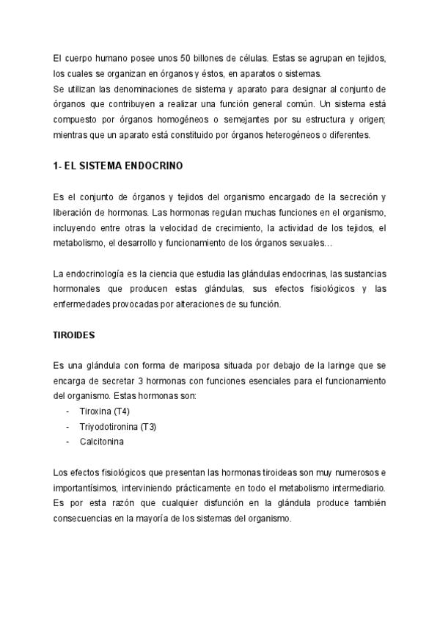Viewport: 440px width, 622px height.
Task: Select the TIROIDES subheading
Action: pos(75,334)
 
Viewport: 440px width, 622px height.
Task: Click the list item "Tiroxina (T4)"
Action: pos(105,411)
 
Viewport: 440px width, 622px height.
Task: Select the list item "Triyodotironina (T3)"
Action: pos(117,426)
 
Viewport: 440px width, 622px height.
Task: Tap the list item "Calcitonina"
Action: pos(102,442)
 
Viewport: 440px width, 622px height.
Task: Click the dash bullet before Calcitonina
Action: pos(68,442)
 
